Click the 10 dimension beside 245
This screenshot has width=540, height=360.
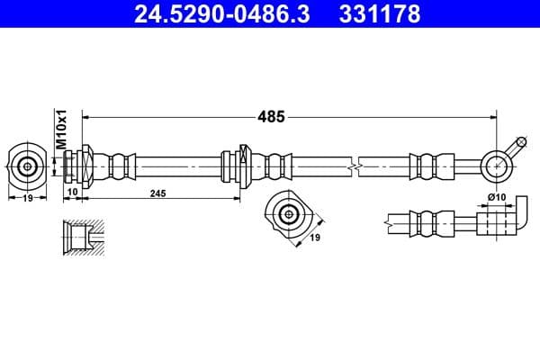pos(74,193)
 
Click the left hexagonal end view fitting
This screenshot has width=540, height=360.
pos(28,165)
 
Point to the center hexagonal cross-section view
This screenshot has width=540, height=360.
pos(288,214)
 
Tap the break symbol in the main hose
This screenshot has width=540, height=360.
pos(358,165)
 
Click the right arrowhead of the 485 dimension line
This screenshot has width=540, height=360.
pos(493,116)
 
